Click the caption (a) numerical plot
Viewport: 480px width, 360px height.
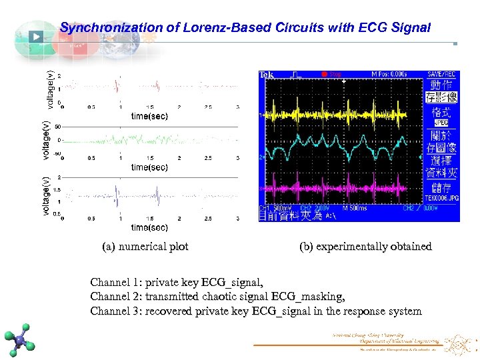(145, 247)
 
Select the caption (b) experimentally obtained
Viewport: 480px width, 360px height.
(365, 247)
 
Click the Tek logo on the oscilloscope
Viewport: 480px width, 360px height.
(267, 75)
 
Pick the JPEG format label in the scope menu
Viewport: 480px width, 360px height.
(441, 123)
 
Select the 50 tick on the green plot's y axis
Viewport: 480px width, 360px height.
(58, 127)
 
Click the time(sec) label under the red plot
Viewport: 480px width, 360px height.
(149, 115)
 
